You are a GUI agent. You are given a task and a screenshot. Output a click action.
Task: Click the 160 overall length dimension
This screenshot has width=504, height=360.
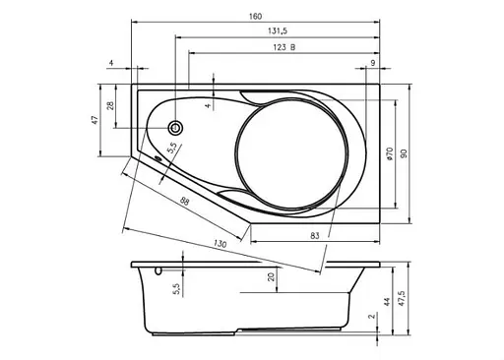tap(255, 16)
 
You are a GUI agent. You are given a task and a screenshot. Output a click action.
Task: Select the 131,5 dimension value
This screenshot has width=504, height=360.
tap(278, 30)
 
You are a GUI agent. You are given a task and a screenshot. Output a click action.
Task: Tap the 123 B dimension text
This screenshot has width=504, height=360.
tap(284, 47)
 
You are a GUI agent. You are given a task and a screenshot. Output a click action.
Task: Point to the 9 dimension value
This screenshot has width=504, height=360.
tap(373, 63)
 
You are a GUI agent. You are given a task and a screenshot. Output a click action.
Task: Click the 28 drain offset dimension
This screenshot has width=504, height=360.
tap(111, 105)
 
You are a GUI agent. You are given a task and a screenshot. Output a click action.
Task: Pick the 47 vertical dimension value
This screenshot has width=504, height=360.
tap(94, 120)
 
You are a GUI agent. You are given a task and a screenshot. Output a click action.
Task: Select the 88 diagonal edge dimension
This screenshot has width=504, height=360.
tap(185, 201)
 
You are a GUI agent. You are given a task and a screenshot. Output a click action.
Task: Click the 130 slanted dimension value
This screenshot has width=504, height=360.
tap(220, 244)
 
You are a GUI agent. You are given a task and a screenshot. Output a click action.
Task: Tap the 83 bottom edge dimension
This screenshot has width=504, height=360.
tap(314, 235)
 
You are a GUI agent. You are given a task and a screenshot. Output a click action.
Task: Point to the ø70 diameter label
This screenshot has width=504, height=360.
tap(390, 153)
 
